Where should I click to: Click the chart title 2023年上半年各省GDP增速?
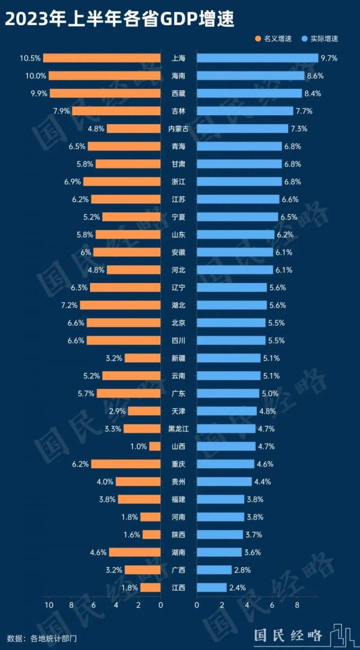pyautogui.click(x=119, y=19)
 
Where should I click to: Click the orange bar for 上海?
pyautogui.click(x=102, y=58)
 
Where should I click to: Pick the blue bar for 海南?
pyautogui.click(x=250, y=76)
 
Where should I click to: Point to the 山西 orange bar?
pyautogui.click(x=155, y=446)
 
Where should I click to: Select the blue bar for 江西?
pyautogui.click(x=211, y=588)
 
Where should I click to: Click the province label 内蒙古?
pyautogui.click(x=178, y=129)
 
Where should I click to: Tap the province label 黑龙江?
pyautogui.click(x=178, y=429)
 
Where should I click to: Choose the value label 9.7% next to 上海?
pyautogui.click(x=329, y=58)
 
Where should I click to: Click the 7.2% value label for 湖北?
pyautogui.click(x=69, y=305)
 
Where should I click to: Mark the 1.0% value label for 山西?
pyautogui.click(x=138, y=446)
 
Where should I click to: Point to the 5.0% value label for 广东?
pyautogui.click(x=269, y=393)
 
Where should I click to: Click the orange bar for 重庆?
pyautogui.click(x=125, y=464)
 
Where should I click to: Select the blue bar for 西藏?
pyautogui.click(x=249, y=94)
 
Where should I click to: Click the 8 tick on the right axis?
pyautogui.click(x=297, y=606)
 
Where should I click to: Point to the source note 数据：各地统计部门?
pyautogui.click(x=42, y=637)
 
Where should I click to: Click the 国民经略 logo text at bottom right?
pyautogui.click(x=288, y=635)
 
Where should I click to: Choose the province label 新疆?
pyautogui.click(x=178, y=358)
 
